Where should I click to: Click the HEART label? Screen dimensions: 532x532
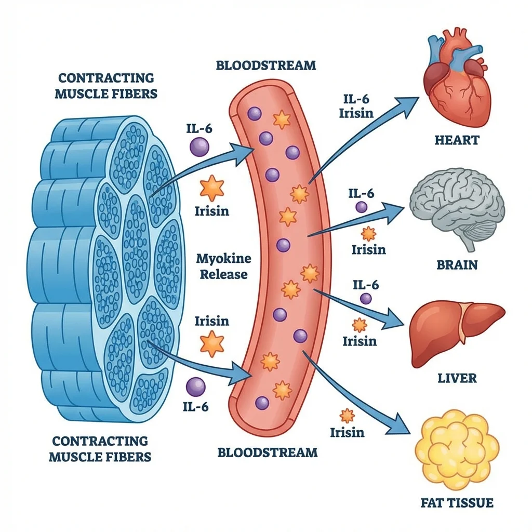[456, 140]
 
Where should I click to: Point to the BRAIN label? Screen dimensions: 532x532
[456, 264]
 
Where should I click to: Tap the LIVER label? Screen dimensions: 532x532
[456, 377]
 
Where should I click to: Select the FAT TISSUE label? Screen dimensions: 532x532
[456, 502]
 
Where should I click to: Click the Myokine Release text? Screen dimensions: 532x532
[223, 266]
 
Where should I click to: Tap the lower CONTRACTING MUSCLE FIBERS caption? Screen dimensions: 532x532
[100, 449]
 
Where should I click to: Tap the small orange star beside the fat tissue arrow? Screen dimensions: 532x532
[347, 415]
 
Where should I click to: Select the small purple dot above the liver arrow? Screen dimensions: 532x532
[366, 298]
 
